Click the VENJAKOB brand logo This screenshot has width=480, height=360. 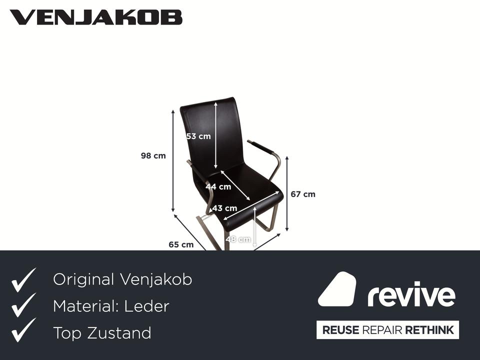click(96, 17)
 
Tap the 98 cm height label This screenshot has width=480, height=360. click(153, 156)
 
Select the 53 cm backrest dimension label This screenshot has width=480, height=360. click(198, 136)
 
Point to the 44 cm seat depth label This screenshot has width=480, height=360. click(218, 187)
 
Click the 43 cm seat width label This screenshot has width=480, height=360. click(224, 208)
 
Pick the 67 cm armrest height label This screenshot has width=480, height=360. click(303, 194)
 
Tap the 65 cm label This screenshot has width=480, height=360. click(180, 244)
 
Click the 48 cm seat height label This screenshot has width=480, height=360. click(238, 239)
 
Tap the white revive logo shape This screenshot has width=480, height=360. click(337, 289)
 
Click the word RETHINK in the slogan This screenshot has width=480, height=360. click(429, 330)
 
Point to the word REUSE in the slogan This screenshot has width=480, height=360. click(340, 330)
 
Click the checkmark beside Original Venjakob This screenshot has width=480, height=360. click(23, 280)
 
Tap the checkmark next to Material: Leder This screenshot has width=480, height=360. click(23, 305)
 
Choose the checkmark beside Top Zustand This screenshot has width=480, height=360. click(23, 330)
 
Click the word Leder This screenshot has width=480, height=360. click(148, 306)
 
